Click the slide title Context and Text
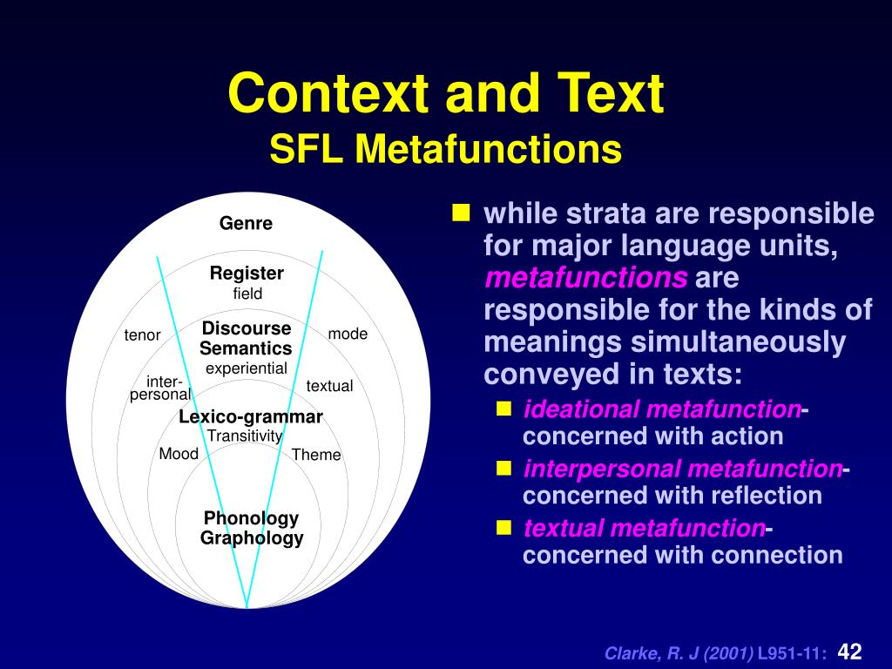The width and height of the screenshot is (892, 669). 445,94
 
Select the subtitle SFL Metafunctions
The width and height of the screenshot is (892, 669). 445,149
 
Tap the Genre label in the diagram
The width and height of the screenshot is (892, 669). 246,224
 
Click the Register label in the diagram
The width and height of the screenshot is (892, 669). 247,274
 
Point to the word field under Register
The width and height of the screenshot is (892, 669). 247,294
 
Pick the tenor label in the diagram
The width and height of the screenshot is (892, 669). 142,335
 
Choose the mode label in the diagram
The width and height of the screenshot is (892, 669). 348,334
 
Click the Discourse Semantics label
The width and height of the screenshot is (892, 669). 246,339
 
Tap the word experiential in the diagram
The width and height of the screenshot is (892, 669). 246,368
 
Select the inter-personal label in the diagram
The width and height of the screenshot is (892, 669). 161,389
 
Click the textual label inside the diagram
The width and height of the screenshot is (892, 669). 329,386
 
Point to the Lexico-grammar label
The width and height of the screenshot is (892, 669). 251,417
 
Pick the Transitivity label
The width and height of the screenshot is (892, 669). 245,436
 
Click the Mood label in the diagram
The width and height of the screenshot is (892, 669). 179,454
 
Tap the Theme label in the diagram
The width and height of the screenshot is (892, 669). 316,455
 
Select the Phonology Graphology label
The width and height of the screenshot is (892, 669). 252,528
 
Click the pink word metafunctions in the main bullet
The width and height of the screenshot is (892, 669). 586,279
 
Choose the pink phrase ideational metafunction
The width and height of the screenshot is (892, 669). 661,409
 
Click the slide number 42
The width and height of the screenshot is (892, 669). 849,652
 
